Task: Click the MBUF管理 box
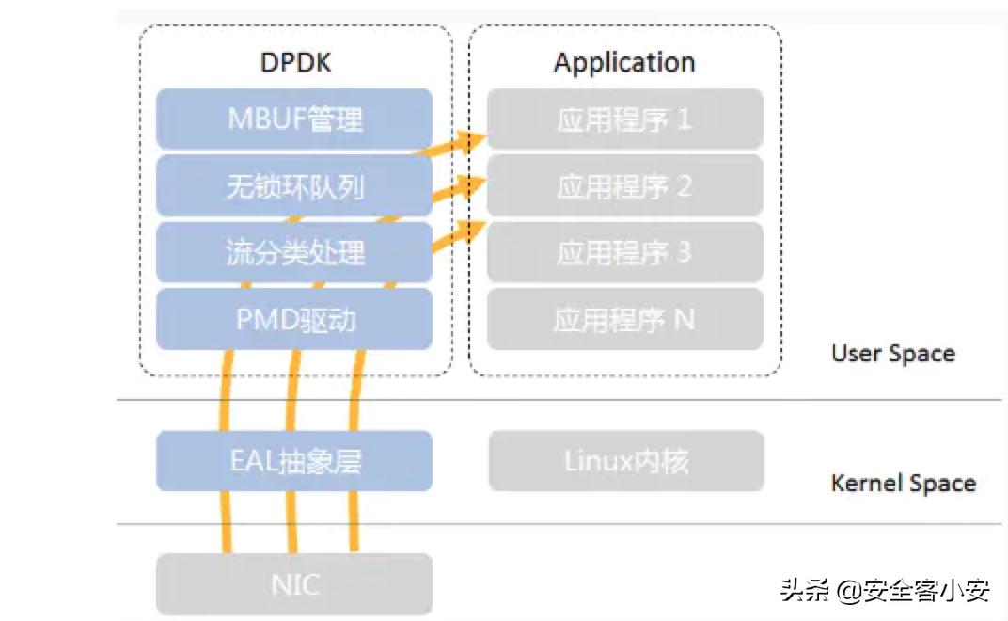294,119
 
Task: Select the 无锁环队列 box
294,186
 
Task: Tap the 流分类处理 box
294,252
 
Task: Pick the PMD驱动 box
294,320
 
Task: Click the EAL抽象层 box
294,461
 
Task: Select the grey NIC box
294,584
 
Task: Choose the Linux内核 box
625,461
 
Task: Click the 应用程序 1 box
625,119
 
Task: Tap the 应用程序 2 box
625,186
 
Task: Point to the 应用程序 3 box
625,252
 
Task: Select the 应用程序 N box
625,320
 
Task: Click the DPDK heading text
295,63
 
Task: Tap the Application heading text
624,63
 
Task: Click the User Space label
892,355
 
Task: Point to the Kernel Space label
903,484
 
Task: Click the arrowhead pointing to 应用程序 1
471,141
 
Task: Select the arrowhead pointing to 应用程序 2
471,184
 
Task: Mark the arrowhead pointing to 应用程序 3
471,229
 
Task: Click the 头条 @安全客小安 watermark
884,591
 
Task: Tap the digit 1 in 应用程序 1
684,119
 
